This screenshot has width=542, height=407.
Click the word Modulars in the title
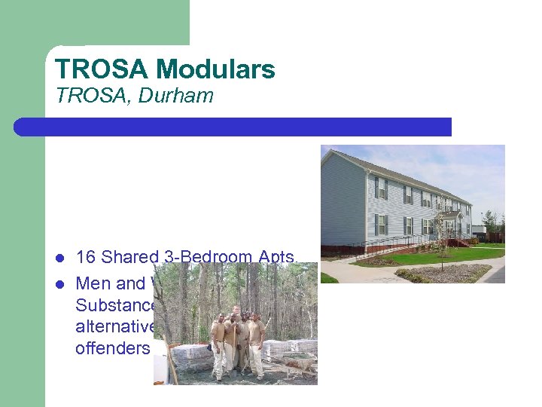(216, 69)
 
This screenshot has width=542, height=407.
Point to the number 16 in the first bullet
(86, 257)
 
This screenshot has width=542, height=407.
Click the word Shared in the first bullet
(128, 257)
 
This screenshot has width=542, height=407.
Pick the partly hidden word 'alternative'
(114, 326)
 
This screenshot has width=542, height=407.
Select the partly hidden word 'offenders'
(113, 347)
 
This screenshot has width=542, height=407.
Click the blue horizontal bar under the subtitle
(233, 127)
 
